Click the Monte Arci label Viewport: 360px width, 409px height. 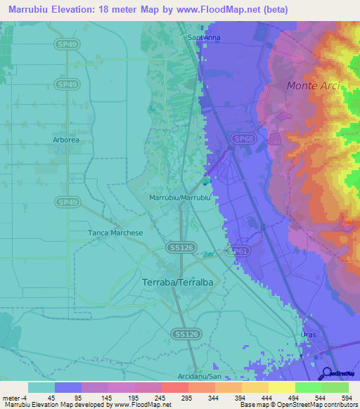(x=314, y=85)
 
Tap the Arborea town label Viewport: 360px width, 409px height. (x=66, y=140)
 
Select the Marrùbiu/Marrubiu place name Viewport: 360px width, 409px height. (x=181, y=198)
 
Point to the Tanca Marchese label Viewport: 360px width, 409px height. (x=115, y=233)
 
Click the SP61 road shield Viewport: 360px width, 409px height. (x=239, y=250)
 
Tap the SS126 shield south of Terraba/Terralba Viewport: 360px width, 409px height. (x=186, y=335)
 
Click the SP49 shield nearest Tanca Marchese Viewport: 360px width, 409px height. (x=67, y=202)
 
